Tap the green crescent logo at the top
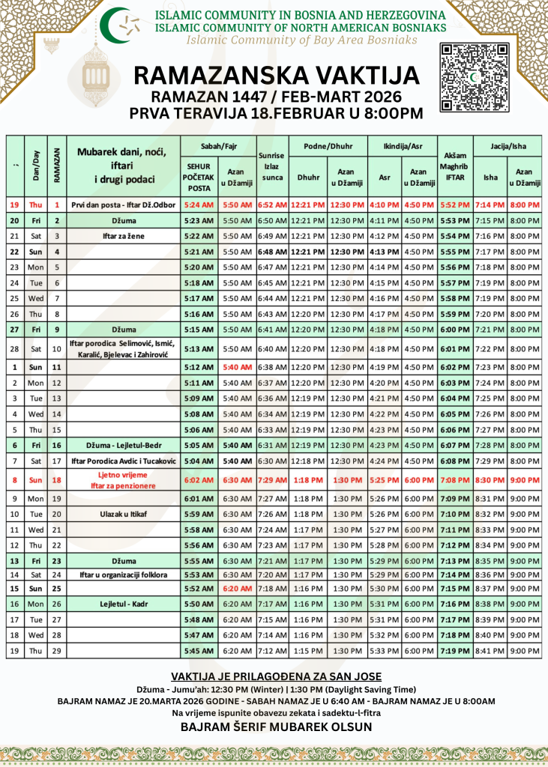[120, 25]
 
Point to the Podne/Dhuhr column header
[327, 146]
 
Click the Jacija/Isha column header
[507, 146]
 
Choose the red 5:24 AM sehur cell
[198, 204]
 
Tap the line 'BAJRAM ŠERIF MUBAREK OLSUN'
[275, 727]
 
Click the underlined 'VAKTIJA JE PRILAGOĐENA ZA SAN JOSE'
[275, 676]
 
